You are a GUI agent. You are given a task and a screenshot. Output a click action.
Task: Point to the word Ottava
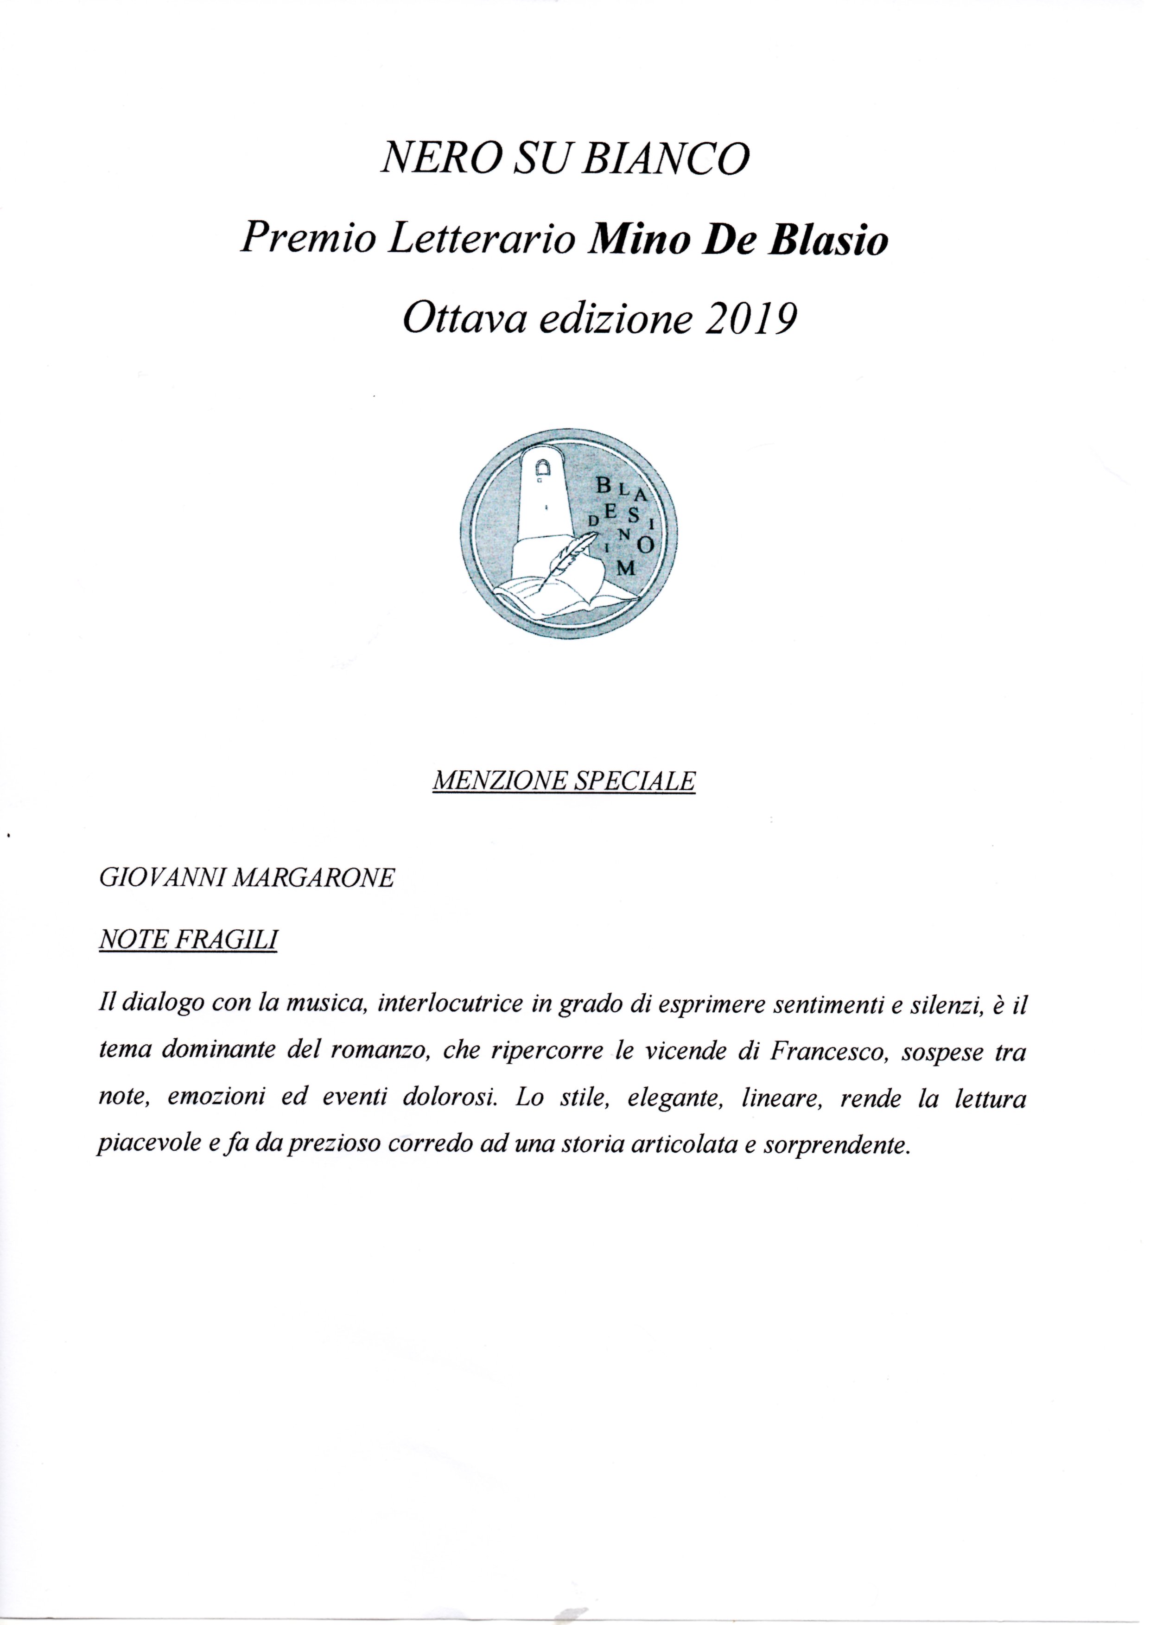463,320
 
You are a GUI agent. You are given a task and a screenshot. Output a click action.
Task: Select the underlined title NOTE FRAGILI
188,939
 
